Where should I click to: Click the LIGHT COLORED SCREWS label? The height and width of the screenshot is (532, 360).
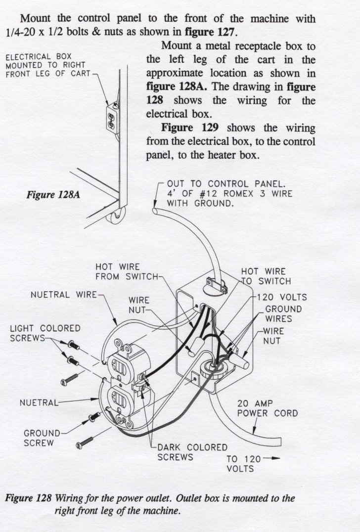coord(45,333)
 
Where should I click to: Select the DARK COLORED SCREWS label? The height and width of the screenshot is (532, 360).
coord(192,452)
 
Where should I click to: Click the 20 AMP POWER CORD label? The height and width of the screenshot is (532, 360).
coord(268,408)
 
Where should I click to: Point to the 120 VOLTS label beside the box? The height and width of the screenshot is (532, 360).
coord(282,298)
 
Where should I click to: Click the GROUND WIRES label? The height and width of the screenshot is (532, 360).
coord(283,314)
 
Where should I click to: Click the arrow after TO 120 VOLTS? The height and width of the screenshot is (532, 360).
coord(271,458)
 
